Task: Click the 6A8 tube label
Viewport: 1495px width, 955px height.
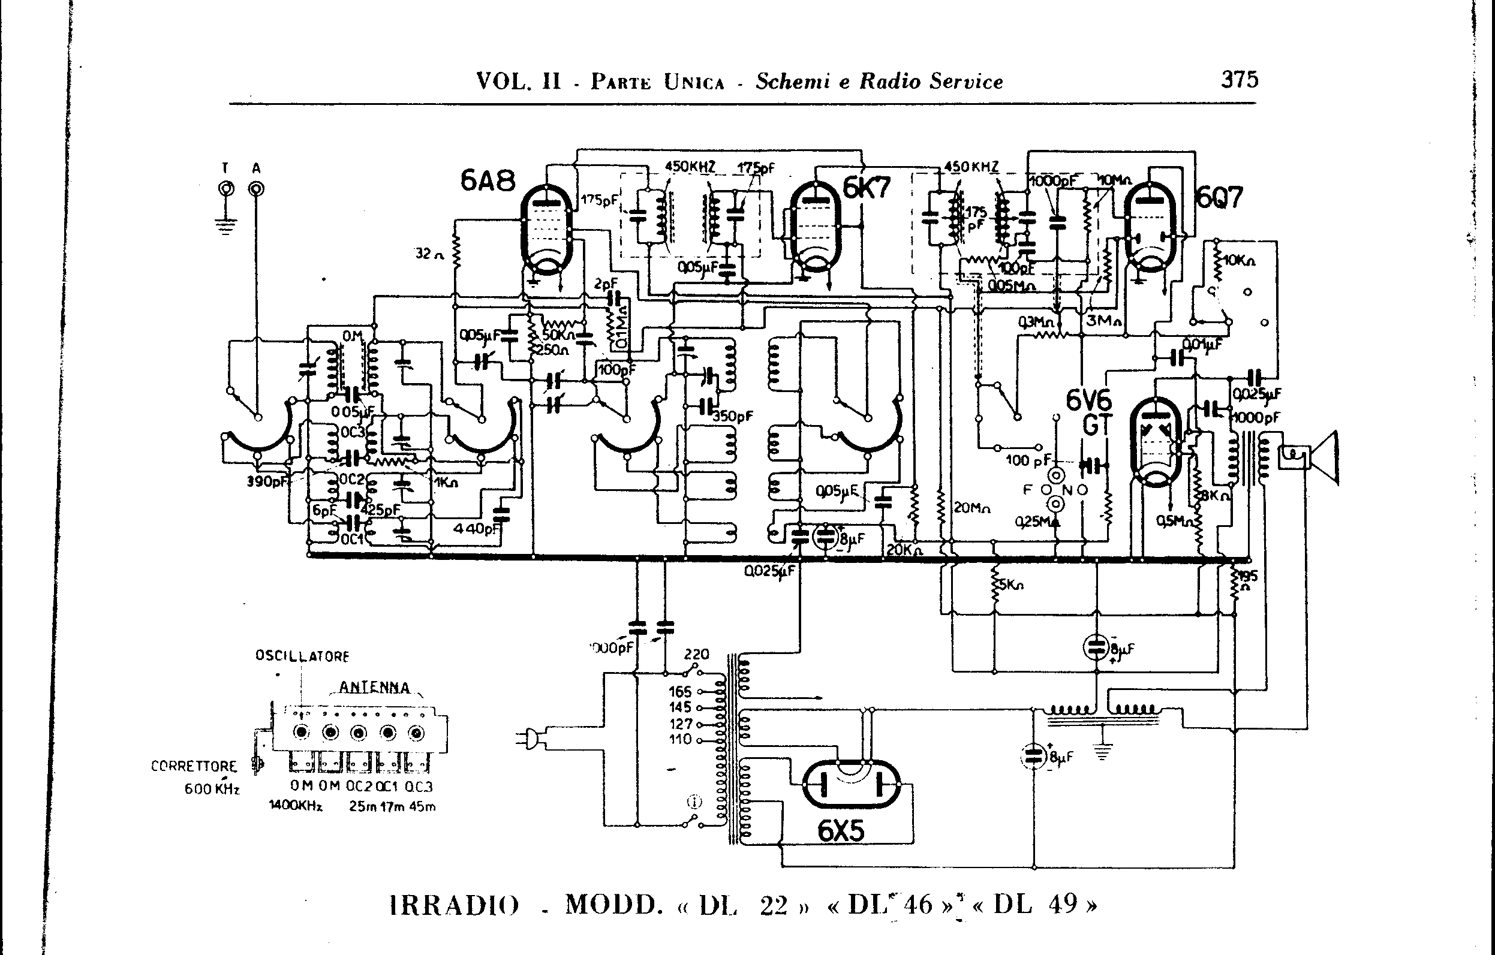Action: pos(488,180)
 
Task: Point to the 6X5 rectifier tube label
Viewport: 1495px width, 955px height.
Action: pos(841,830)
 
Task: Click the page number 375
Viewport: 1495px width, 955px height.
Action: pos(1239,79)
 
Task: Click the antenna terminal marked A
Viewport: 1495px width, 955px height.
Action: pos(256,188)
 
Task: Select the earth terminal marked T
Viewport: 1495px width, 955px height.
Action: pos(226,188)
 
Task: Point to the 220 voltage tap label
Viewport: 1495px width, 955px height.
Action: pos(696,655)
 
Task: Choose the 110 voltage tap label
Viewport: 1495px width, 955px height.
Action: pos(681,740)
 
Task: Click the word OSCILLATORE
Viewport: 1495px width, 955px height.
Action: pos(302,656)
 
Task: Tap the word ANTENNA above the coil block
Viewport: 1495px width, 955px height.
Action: pos(374,688)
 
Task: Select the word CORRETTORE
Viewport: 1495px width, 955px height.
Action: pos(194,766)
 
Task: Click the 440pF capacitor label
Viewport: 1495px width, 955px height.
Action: pos(476,529)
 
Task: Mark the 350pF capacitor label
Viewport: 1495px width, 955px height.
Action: pos(733,416)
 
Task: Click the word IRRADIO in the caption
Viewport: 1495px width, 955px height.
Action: pos(455,905)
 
